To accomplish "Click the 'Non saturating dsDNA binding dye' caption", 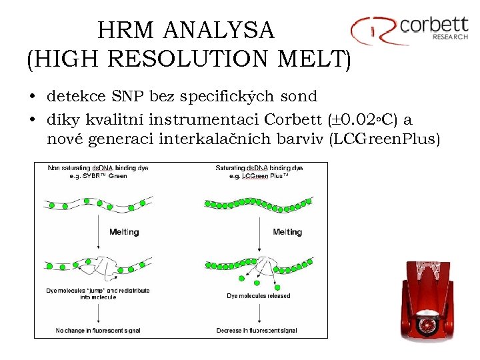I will pos(97,169).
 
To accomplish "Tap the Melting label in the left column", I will pos(124,232).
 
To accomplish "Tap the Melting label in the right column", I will pos(287,232).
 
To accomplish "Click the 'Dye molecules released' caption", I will pos(258,295).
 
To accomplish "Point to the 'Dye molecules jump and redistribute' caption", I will pos(98,293).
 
